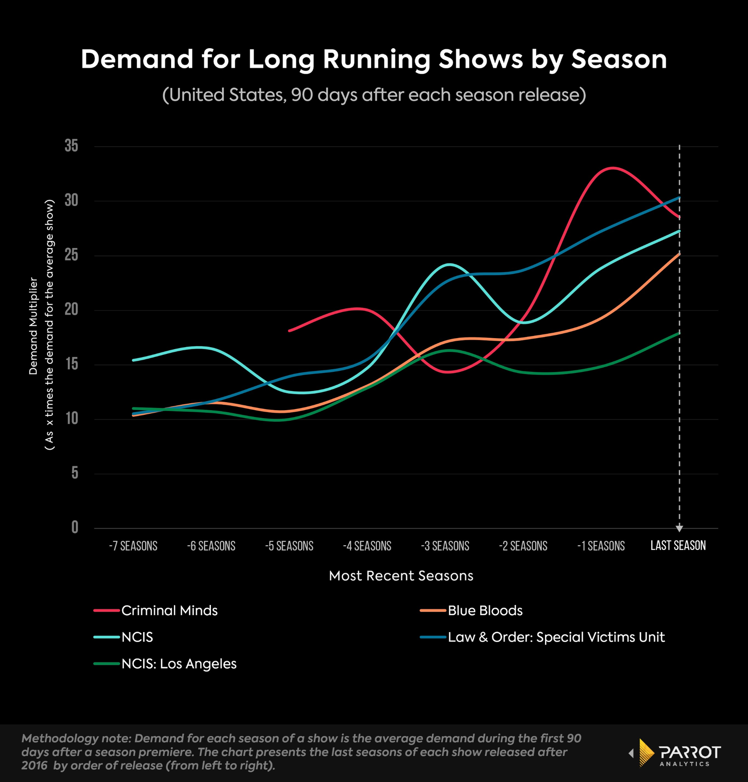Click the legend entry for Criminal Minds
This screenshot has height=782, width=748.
169,611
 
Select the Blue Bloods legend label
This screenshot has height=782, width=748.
485,611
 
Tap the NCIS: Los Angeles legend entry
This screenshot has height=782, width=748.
179,664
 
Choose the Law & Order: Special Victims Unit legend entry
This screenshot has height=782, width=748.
556,637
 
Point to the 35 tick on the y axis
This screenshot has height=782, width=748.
72,146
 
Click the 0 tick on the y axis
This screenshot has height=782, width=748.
75,528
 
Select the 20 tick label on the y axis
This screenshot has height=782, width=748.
72,310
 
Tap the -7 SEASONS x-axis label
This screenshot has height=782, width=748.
133,546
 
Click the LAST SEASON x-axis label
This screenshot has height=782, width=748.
678,546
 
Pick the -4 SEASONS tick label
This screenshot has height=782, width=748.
367,546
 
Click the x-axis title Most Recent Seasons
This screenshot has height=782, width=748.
401,576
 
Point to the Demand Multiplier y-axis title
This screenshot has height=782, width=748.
33,326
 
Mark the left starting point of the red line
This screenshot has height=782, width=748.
289,331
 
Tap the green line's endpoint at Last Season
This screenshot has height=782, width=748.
679,333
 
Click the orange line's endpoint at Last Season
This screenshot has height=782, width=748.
679,254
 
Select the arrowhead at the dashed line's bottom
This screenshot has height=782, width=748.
679,528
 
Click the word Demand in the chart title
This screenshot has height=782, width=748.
137,59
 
